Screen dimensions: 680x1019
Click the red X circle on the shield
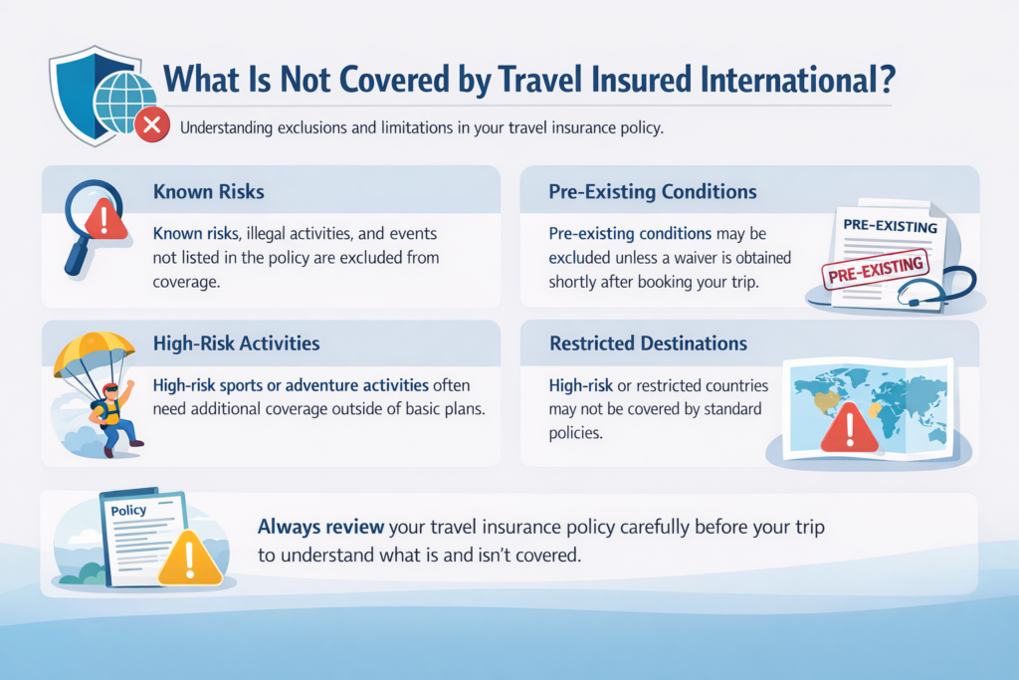coord(151,125)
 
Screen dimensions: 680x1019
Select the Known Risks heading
coord(209,190)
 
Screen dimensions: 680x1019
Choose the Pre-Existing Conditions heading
coord(652,190)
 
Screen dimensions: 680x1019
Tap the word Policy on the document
coord(127,510)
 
